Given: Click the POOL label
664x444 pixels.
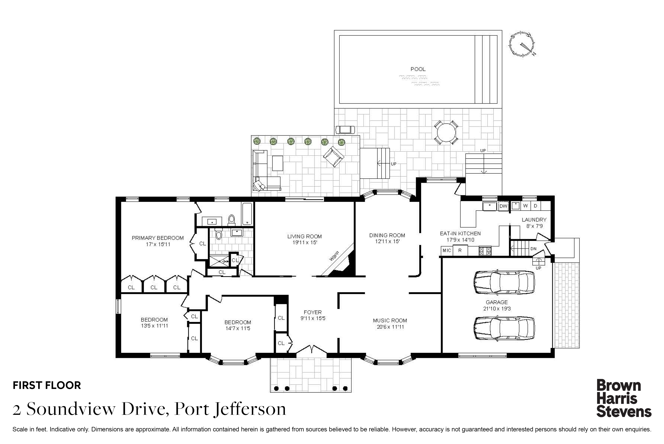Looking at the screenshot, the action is pyautogui.click(x=418, y=69).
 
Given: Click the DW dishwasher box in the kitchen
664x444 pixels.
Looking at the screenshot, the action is pyautogui.click(x=503, y=206).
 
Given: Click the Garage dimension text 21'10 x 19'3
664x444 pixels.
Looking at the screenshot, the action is pyautogui.click(x=497, y=309).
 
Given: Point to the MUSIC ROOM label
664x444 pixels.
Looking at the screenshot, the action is pyautogui.click(x=390, y=321).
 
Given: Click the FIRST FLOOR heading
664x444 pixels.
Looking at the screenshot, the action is pyautogui.click(x=47, y=385).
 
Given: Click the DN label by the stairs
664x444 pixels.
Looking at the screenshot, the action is pyautogui.click(x=533, y=249).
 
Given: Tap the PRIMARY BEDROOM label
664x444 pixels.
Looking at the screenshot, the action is pyautogui.click(x=158, y=238).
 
